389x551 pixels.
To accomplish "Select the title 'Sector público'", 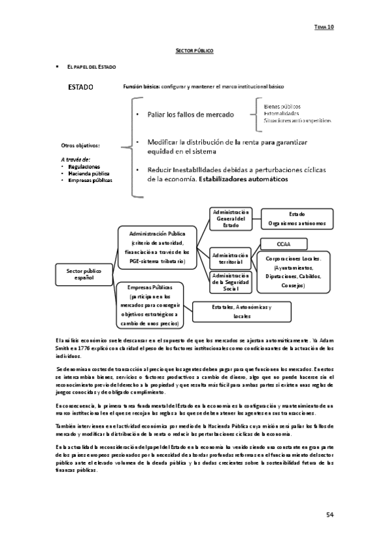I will pyautogui.click(x=195, y=50).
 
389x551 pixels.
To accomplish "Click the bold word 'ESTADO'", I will pyautogui.click(x=81, y=87).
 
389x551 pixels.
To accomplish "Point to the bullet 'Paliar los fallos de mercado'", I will pyautogui.click(x=190, y=114).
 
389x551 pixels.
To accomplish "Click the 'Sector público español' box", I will pyautogui.click(x=84, y=274).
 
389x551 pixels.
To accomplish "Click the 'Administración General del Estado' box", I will pyautogui.click(x=231, y=218).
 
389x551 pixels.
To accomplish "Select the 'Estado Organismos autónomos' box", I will pyautogui.click(x=297, y=218).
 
